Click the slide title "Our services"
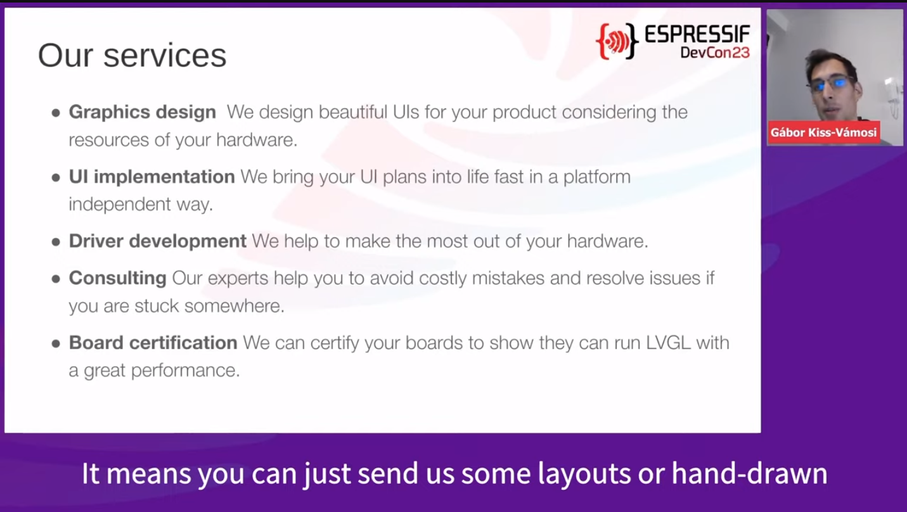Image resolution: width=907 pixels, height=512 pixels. pyautogui.click(x=132, y=55)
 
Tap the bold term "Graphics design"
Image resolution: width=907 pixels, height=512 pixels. pyautogui.click(x=142, y=112)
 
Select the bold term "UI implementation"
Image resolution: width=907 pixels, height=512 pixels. pyautogui.click(x=152, y=177)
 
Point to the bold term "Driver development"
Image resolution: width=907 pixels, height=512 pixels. pyautogui.click(x=158, y=241)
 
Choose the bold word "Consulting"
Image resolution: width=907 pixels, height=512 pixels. pyautogui.click(x=117, y=278)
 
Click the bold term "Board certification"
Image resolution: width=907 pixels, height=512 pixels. pyautogui.click(x=153, y=343)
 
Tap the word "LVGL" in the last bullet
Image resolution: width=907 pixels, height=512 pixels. pyautogui.click(x=668, y=343)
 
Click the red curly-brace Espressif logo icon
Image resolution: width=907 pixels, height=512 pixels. pyautogui.click(x=617, y=41)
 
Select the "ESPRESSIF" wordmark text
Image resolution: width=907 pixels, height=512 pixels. pyautogui.click(x=697, y=34)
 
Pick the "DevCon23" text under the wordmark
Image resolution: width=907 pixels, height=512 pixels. pyautogui.click(x=715, y=53)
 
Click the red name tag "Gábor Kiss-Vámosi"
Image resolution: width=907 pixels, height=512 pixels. pyautogui.click(x=823, y=132)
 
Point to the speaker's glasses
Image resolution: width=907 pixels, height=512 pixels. pyautogui.click(x=832, y=84)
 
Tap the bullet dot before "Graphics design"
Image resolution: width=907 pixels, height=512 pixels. pyautogui.click(x=56, y=113)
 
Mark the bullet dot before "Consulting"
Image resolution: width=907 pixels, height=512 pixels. pyautogui.click(x=56, y=279)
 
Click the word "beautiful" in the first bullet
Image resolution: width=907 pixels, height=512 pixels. pyautogui.click(x=353, y=112)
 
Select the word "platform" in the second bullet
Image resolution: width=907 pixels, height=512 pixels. pyautogui.click(x=597, y=177)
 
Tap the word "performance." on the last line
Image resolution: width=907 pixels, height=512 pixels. pyautogui.click(x=186, y=371)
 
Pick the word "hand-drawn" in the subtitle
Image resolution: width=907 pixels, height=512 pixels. pyautogui.click(x=749, y=473)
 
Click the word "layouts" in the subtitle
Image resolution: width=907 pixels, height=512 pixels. pyautogui.click(x=584, y=473)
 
